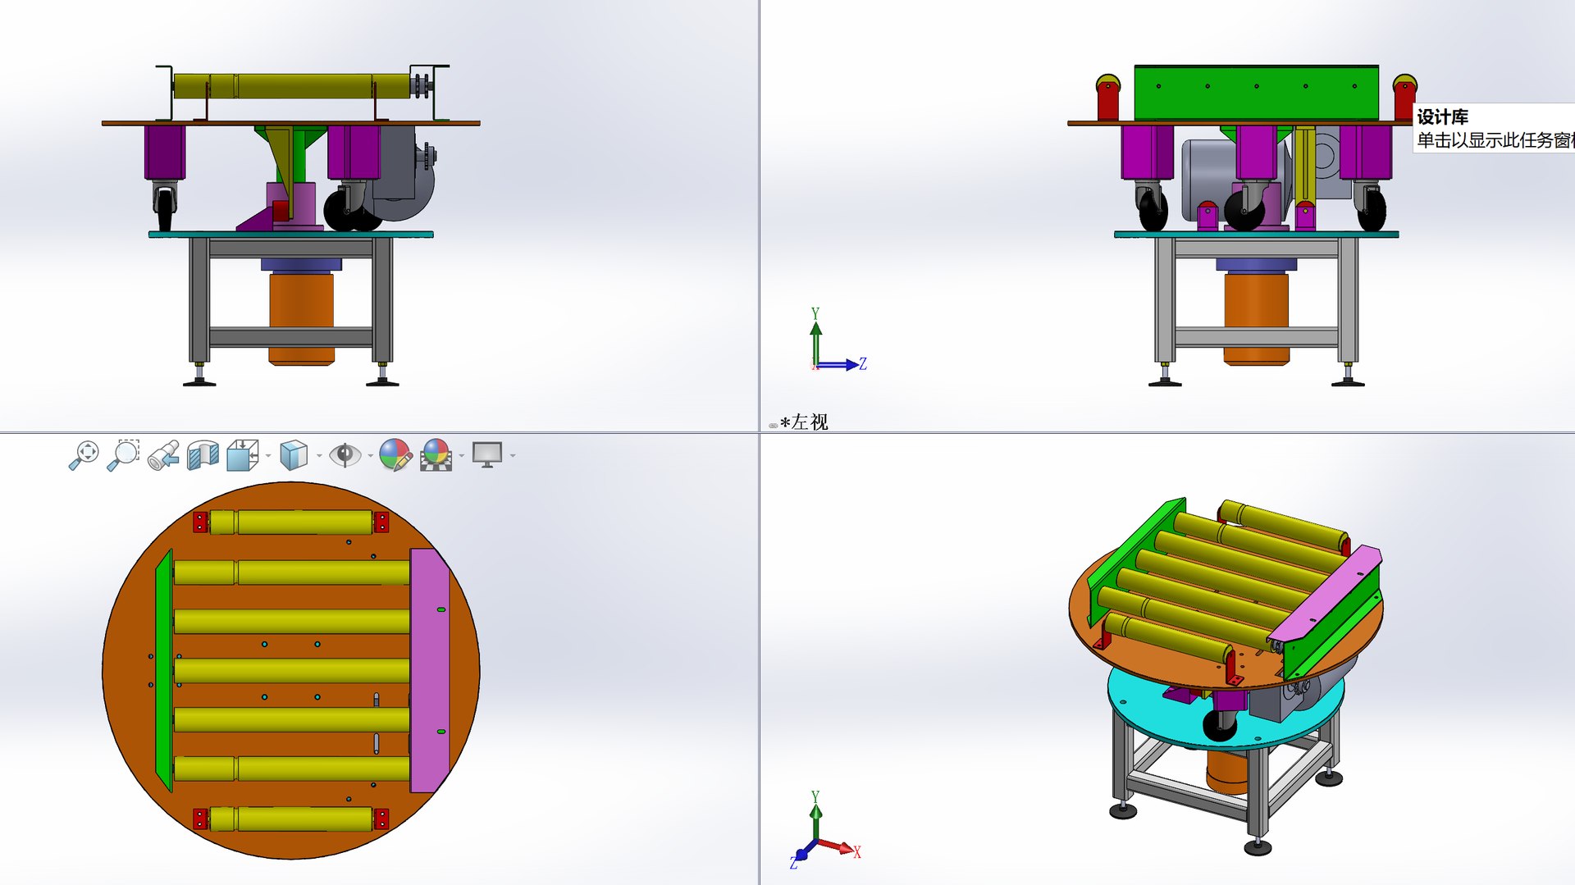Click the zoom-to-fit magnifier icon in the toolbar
pyautogui.click(x=84, y=454)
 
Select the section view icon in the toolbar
pyautogui.click(x=203, y=454)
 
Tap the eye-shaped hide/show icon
pyautogui.click(x=345, y=454)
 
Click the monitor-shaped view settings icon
pyautogui.click(x=487, y=454)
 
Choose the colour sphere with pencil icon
pyautogui.click(x=395, y=454)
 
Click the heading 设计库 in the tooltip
pyautogui.click(x=1442, y=116)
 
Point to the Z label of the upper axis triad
pyautogui.click(x=862, y=363)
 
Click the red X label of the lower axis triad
pyautogui.click(x=856, y=852)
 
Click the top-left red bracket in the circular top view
pyautogui.click(x=200, y=522)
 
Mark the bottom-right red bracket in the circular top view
pyautogui.click(x=381, y=819)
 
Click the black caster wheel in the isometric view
pyautogui.click(x=1218, y=724)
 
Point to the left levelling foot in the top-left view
pyautogui.click(x=199, y=379)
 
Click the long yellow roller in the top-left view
pyautogui.click(x=291, y=86)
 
